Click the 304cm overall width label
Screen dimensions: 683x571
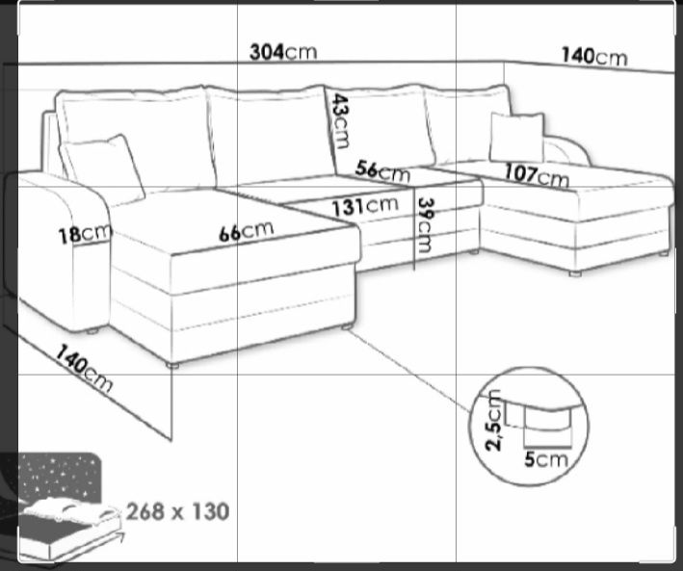283,52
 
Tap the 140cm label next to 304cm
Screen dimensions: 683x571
594,57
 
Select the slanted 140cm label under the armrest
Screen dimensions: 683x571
84,369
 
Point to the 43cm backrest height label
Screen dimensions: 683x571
340,121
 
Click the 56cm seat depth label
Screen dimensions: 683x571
382,171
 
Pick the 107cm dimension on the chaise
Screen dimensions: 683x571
537,175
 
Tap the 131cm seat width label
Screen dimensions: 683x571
365,206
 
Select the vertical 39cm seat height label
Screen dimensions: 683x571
425,225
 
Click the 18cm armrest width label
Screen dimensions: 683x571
85,234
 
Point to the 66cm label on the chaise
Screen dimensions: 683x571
246,231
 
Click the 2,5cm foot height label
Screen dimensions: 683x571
494,421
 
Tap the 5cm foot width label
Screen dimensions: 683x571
546,459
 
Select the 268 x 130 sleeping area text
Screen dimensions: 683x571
177,511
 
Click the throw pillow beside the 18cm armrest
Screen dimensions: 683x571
103,168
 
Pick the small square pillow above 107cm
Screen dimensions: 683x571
517,138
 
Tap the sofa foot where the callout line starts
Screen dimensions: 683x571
347,326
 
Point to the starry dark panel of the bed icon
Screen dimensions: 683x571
59,478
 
